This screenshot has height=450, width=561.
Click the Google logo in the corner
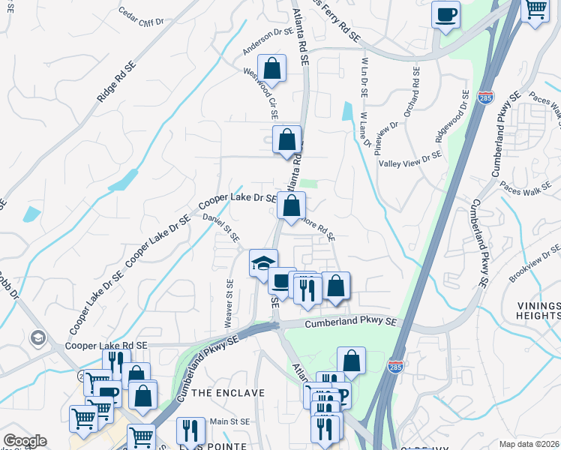(24, 441)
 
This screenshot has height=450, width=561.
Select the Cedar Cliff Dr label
(141, 17)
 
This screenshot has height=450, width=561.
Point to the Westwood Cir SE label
(260, 94)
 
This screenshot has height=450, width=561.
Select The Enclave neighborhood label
(229, 393)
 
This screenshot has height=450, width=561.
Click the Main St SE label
(229, 421)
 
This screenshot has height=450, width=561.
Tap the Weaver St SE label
(229, 303)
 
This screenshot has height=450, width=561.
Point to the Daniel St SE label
(221, 227)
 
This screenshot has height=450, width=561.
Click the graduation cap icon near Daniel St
(263, 262)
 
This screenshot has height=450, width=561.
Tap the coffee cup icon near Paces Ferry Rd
(446, 15)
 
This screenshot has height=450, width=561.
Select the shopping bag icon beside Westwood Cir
(272, 68)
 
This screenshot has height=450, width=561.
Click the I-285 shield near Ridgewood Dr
(484, 97)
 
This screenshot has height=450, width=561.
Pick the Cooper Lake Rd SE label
(106, 346)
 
